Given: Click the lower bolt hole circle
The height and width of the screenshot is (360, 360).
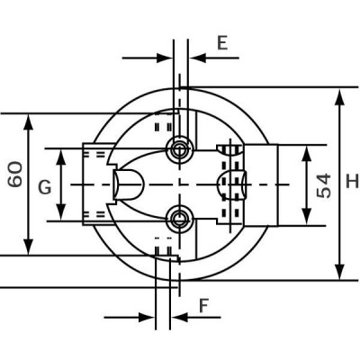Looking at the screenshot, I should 180,217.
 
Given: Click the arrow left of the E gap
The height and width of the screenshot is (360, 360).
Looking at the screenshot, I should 162,57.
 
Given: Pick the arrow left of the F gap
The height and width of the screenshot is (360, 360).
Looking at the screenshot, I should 144,317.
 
